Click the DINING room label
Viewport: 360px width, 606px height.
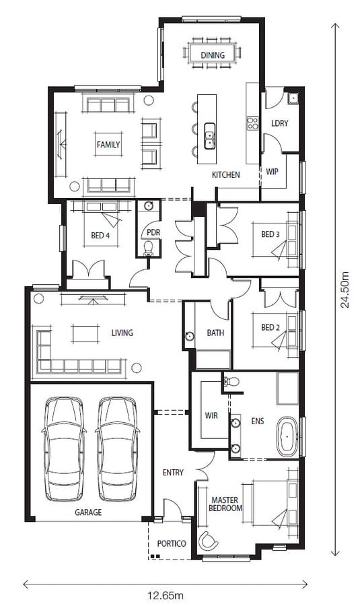click(x=213, y=55)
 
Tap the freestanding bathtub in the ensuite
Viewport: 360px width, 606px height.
click(x=287, y=437)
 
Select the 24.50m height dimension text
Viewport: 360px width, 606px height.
click(x=345, y=290)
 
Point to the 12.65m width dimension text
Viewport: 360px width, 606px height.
click(x=166, y=595)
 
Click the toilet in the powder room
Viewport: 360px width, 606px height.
click(x=149, y=248)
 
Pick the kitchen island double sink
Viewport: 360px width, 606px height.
click(x=209, y=135)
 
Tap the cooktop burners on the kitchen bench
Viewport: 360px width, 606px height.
click(x=252, y=124)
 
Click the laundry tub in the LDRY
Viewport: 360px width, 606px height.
click(x=293, y=98)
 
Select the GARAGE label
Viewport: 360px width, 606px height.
click(x=88, y=512)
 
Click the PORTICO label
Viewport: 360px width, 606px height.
click(x=172, y=544)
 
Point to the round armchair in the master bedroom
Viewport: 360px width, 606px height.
click(x=208, y=541)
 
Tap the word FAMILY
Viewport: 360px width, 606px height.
click(x=108, y=145)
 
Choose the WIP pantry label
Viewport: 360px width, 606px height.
click(x=273, y=172)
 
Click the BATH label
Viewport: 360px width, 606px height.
click(x=215, y=333)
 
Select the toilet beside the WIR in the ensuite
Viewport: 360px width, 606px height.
click(x=230, y=382)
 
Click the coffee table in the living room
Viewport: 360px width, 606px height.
click(x=85, y=334)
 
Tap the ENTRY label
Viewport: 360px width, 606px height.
click(x=173, y=473)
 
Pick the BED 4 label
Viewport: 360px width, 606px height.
click(x=100, y=236)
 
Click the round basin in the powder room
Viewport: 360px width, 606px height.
click(x=149, y=206)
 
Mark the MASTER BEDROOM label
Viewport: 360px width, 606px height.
click(x=225, y=504)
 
